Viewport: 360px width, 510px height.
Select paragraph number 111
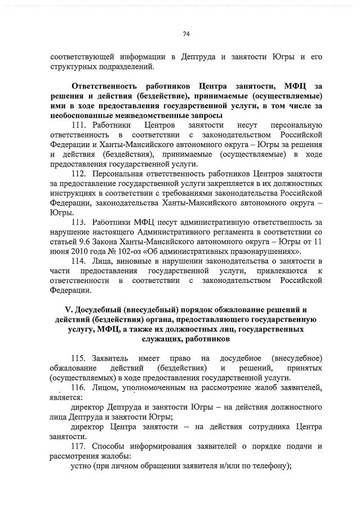(80, 125)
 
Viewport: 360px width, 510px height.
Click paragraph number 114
(80, 262)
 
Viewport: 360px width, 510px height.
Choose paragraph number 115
(80, 359)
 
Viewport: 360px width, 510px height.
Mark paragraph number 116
(80, 388)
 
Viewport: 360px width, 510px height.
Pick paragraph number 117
(80, 446)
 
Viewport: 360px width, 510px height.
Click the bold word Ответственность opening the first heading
(108, 86)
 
